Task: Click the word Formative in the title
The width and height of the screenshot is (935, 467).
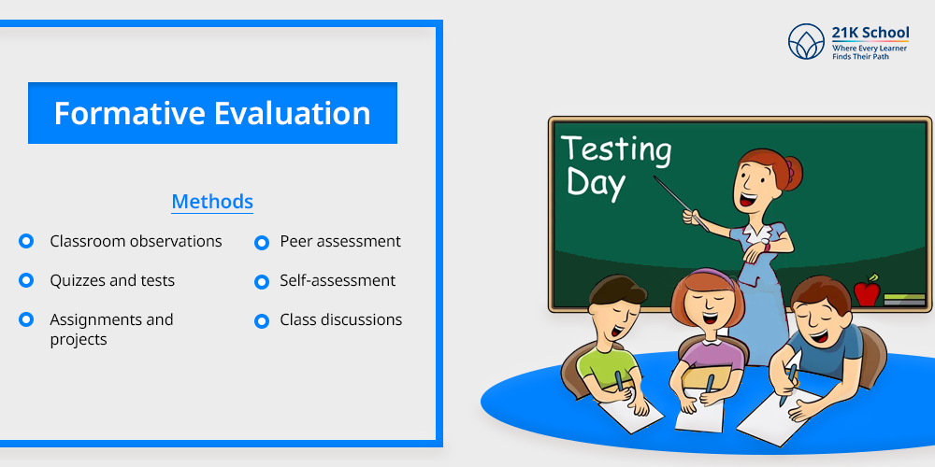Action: click(129, 113)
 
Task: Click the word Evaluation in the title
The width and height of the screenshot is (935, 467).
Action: click(292, 113)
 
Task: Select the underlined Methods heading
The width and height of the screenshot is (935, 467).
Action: click(212, 202)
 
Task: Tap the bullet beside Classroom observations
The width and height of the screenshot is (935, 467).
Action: click(26, 241)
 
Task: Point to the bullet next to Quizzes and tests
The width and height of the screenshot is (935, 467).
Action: click(26, 280)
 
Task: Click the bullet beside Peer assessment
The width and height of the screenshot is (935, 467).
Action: click(262, 243)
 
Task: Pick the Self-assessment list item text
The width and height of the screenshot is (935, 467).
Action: click(338, 280)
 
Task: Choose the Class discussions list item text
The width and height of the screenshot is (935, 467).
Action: click(341, 319)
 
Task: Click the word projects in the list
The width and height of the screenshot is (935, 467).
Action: click(79, 340)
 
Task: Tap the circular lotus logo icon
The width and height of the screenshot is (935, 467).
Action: click(806, 42)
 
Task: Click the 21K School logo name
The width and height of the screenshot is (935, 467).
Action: click(870, 32)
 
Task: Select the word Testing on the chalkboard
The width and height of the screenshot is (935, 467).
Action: click(616, 149)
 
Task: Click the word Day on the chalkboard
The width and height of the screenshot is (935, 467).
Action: click(596, 182)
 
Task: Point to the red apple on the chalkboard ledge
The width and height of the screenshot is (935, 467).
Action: click(867, 291)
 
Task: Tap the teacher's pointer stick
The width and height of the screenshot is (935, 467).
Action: click(681, 204)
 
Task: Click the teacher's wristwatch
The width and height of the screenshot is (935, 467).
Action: click(765, 245)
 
